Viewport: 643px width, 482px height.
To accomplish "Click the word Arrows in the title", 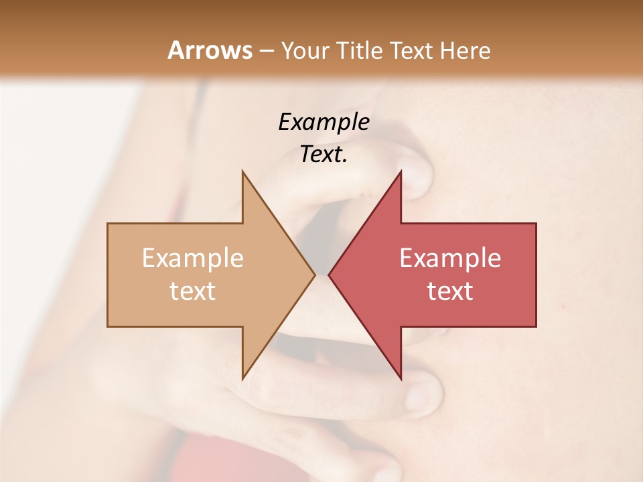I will pyautogui.click(x=210, y=50).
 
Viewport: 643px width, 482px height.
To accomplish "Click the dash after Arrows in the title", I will pyautogui.click(x=266, y=51).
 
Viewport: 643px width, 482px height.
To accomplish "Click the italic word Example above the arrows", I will pyautogui.click(x=324, y=122).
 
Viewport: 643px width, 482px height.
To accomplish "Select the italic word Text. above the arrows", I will pyautogui.click(x=324, y=155).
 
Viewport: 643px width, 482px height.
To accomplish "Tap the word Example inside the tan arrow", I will pyautogui.click(x=193, y=258).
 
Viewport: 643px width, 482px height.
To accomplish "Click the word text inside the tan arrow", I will pyautogui.click(x=193, y=291).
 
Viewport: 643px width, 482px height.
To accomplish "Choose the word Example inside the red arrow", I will pyautogui.click(x=450, y=258).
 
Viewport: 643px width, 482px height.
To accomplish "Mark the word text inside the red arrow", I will pyautogui.click(x=450, y=291).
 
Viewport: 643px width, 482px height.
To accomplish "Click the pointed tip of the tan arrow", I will pyautogui.click(x=315, y=274).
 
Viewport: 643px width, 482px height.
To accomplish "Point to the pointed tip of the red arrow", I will pyautogui.click(x=329, y=274).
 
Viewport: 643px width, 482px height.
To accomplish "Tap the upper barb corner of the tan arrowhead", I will pyautogui.click(x=242, y=171).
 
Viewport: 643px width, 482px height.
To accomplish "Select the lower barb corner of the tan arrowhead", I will pyautogui.click(x=242, y=380).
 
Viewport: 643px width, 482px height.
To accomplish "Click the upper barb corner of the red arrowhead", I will pyautogui.click(x=401, y=171).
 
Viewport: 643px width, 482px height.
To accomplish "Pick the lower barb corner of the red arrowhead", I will pyautogui.click(x=401, y=380).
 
